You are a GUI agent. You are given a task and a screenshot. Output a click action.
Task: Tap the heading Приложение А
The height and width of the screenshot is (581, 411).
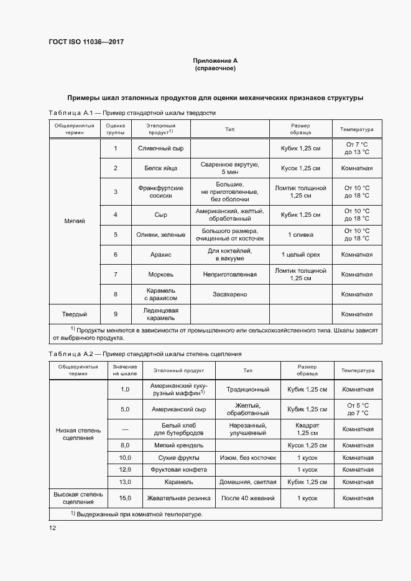[216, 61]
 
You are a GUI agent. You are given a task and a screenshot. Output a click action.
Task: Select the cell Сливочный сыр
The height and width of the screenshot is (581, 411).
[160, 149]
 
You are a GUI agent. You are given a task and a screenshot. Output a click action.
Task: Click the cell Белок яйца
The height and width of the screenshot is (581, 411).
[160, 168]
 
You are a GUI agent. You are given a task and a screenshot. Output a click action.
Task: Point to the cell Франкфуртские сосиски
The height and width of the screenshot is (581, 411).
[160, 191]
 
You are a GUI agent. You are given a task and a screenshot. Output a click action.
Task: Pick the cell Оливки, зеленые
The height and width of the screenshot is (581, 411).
[160, 234]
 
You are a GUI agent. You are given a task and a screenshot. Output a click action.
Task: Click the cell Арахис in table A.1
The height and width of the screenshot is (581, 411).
[160, 254]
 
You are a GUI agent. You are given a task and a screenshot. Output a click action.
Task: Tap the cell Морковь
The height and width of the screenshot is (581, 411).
[160, 274]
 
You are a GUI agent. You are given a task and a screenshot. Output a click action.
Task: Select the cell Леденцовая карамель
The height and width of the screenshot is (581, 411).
[160, 314]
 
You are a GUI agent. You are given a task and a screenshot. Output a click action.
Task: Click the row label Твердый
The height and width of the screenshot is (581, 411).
[74, 314]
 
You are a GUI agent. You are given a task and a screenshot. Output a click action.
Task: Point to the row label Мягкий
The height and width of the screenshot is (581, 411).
[74, 221]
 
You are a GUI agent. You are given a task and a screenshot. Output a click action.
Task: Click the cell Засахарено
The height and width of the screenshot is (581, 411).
[230, 294]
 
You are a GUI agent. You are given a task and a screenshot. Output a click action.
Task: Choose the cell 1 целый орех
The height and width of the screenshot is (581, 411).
[300, 254]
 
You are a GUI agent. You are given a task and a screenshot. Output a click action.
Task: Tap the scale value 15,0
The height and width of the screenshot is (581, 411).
[125, 498]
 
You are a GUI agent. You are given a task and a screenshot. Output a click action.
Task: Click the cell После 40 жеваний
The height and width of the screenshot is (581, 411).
[247, 498]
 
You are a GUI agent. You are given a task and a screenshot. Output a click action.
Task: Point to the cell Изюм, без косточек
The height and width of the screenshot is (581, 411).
[247, 457]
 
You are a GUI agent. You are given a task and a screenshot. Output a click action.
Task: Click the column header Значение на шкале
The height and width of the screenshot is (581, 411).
[125, 370]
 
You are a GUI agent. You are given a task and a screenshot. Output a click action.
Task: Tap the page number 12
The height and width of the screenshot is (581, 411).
[52, 528]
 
